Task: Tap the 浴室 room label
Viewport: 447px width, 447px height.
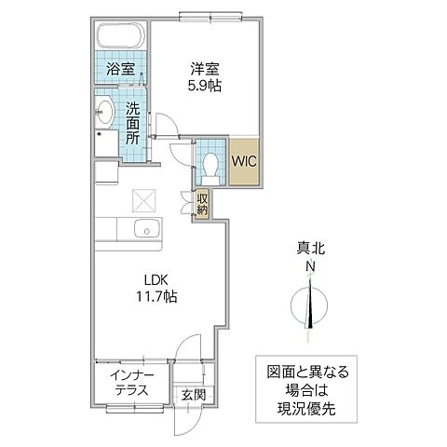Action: coord(120,69)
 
